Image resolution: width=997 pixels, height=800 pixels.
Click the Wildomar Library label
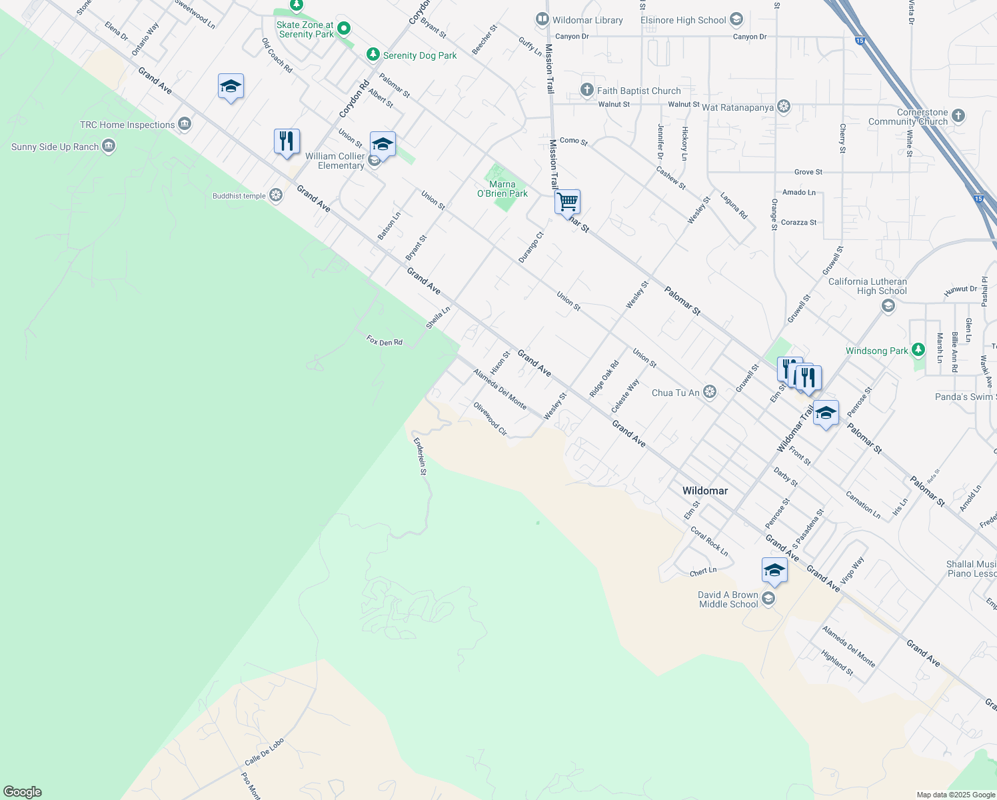587,20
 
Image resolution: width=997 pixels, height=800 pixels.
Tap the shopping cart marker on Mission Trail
567,201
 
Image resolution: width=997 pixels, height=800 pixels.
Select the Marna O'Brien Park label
502,189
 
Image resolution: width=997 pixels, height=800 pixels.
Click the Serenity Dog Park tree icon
373,55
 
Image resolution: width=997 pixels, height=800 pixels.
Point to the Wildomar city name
704,491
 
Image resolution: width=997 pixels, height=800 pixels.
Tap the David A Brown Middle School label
728,599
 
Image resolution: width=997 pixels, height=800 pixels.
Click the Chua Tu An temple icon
710,392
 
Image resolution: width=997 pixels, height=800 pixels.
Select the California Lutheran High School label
867,286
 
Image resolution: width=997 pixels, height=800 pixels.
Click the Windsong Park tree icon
918,349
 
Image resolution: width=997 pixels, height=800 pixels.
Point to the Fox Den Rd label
385,341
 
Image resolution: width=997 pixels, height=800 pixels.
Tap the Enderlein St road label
421,456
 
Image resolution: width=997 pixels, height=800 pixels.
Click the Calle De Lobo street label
264,752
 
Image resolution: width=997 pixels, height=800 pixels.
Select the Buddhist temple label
239,196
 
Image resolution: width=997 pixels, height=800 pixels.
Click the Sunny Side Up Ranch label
55,147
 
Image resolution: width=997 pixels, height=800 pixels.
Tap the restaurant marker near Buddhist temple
287,142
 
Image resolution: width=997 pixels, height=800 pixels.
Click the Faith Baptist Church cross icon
587,90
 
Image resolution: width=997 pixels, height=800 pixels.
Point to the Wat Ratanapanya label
738,107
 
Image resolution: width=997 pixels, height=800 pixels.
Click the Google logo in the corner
23,791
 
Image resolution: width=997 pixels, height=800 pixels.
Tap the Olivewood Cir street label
490,419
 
